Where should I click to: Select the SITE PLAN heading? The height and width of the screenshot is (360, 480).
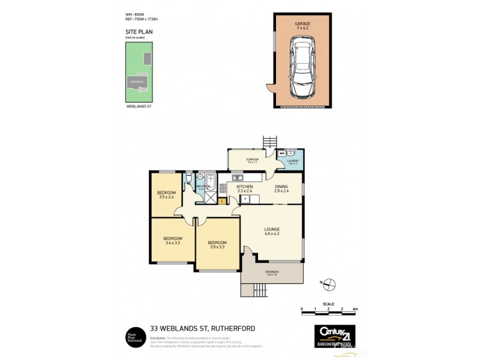[x=136, y=33]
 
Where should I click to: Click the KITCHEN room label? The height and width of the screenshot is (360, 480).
[x=245, y=189]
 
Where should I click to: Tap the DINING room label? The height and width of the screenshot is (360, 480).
[x=281, y=189]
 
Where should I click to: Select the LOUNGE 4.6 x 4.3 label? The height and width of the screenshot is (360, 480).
[x=272, y=232]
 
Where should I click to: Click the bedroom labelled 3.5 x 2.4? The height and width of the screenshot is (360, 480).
[x=166, y=194]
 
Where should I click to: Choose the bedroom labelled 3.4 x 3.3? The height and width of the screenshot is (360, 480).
[x=172, y=241]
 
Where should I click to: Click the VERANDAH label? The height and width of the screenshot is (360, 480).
[x=272, y=273]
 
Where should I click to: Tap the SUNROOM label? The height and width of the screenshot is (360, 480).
[x=251, y=160]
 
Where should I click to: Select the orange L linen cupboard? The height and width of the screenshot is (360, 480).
[x=222, y=202]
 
